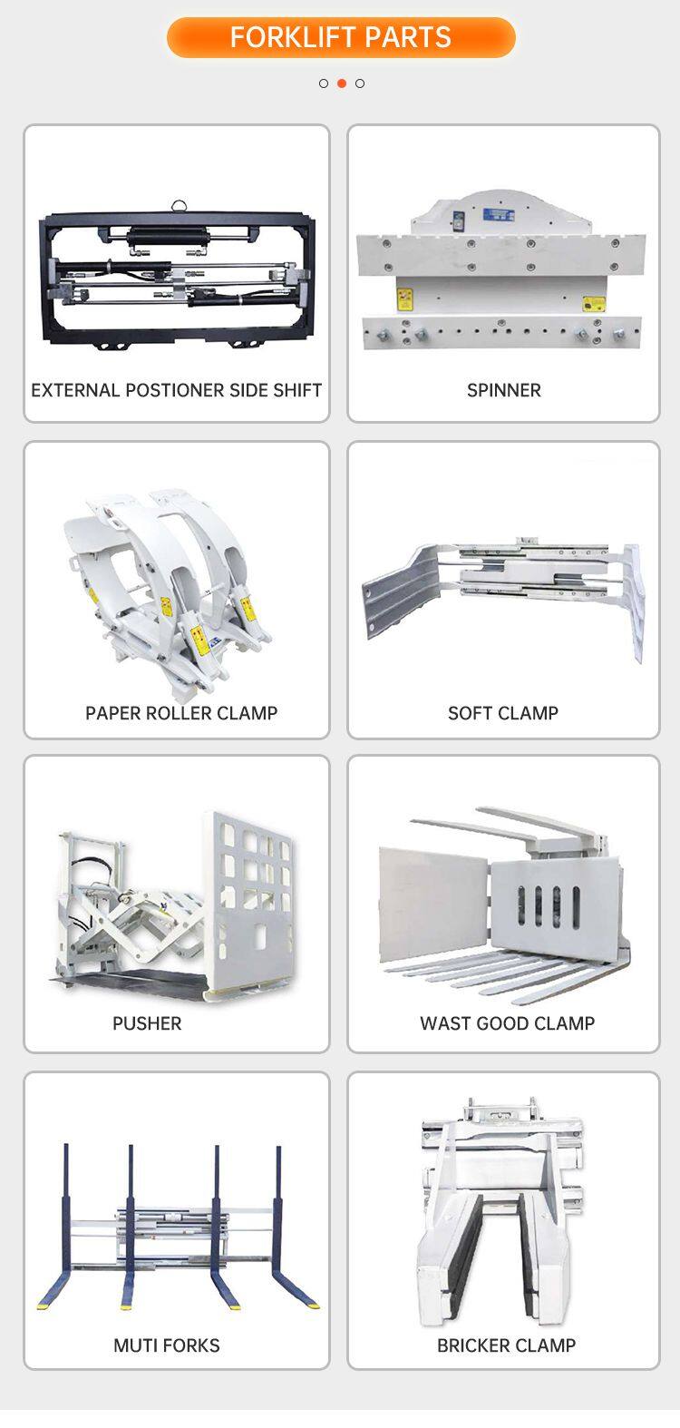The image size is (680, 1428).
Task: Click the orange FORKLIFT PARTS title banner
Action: pos(341,37)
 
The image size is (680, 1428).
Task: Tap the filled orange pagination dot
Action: pos(342,83)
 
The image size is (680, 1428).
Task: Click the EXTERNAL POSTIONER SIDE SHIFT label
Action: pos(177,390)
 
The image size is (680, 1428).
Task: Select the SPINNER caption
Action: pos(504,390)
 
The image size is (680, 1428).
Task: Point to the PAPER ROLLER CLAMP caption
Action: pos(181,713)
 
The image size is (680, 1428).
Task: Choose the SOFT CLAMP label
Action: pos(503,713)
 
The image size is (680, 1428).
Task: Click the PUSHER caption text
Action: pos(147,1023)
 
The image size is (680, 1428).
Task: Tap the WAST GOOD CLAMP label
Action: pos(508,1023)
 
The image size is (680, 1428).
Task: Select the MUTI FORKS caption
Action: pos(167,1345)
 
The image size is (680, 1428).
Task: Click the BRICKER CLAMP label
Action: pos(506,1345)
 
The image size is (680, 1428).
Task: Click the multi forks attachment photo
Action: pos(177,1229)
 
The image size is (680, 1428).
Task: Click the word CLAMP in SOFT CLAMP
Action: pos(529,713)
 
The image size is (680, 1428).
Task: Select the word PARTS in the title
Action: pos(415,37)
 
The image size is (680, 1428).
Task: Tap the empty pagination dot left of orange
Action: pos(324,83)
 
